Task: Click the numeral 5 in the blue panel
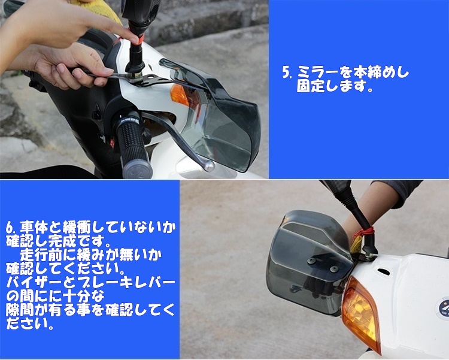coord(286,73)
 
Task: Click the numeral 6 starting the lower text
coord(10,228)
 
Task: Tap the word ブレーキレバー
coord(132,282)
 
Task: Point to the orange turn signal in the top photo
coord(180,95)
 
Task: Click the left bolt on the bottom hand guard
coord(312,260)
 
